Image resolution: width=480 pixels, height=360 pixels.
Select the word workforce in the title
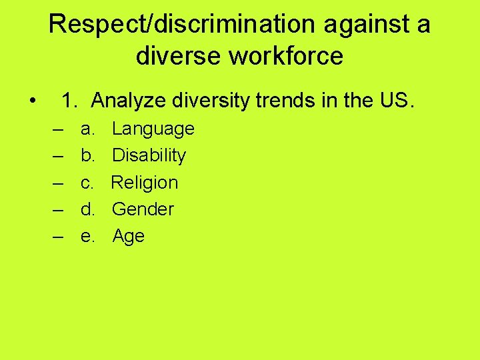[287, 56]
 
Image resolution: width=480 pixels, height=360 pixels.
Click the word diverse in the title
[179, 56]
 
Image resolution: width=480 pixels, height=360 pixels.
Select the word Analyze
[129, 101]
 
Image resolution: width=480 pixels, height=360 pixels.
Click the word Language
[153, 129]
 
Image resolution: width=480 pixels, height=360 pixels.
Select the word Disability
[149, 155]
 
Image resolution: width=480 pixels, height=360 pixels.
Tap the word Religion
[145, 182]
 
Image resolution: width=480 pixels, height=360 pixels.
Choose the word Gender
[143, 209]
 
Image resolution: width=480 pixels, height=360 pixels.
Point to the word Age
[128, 237]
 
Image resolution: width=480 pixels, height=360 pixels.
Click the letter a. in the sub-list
[87, 129]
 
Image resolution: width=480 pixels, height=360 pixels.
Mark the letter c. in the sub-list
[87, 182]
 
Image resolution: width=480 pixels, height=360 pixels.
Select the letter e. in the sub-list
[87, 236]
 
